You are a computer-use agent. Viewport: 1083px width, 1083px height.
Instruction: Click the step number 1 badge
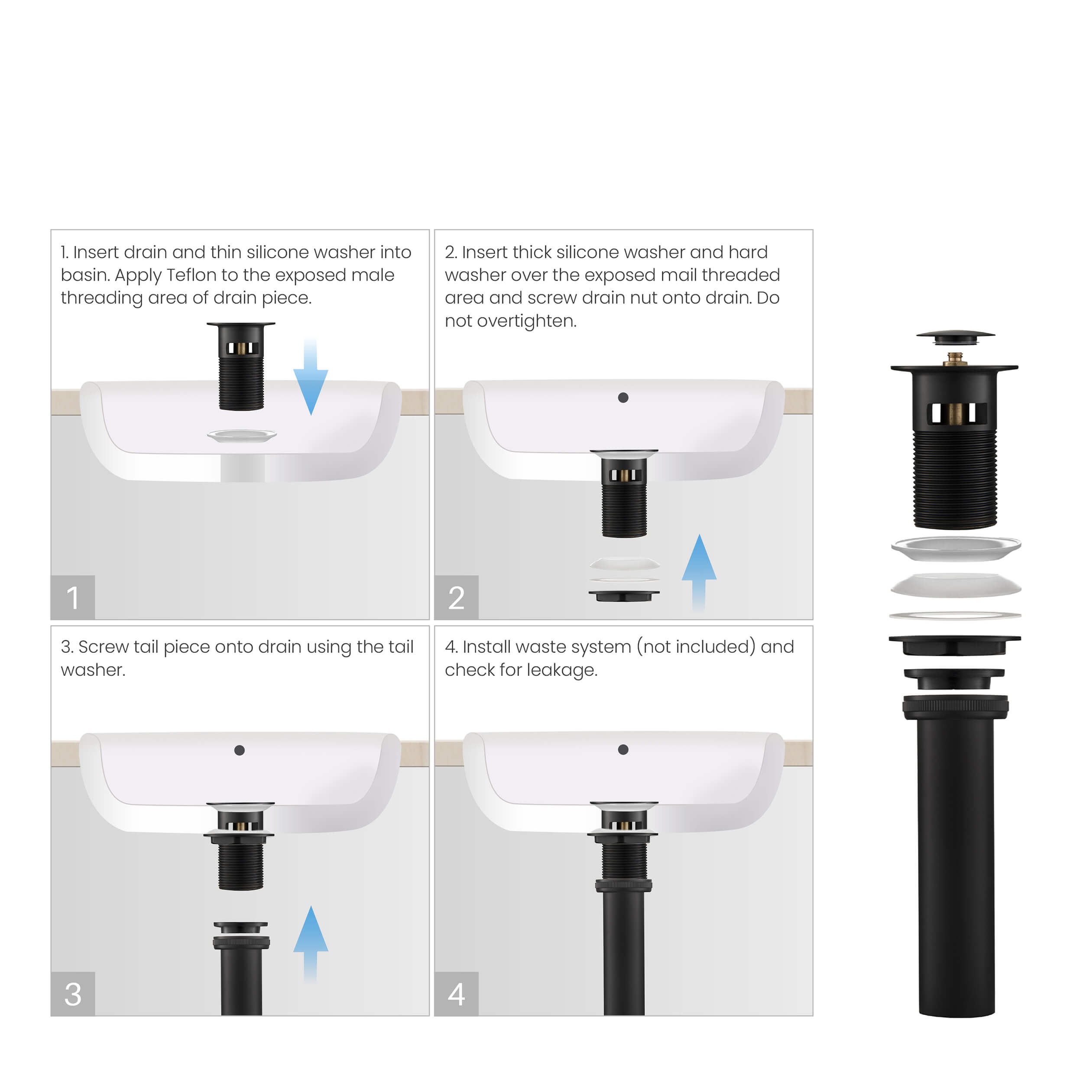pos(72,597)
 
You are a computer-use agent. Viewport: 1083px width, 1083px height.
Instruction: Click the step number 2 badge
pos(456,597)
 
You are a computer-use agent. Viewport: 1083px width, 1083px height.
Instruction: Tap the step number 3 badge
pos(72,993)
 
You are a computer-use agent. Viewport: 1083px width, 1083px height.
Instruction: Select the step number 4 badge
pos(456,993)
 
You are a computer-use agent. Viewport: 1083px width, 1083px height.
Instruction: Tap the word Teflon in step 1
pos(191,275)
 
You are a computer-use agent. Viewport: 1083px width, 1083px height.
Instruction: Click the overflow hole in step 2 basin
pos(623,397)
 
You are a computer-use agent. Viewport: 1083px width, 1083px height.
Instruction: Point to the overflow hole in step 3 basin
pos(240,750)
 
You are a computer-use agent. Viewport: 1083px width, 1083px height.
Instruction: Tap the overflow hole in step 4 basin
pos(623,749)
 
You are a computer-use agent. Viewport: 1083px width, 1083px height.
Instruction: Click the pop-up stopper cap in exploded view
pos(955,336)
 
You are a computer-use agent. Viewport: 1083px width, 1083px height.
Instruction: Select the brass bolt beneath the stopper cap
pos(955,358)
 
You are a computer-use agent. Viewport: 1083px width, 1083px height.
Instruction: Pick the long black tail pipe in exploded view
pos(957,863)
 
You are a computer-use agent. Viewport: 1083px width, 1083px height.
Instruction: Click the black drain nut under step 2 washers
pos(624,595)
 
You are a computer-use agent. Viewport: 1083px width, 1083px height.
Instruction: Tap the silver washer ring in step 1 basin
pos(242,435)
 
